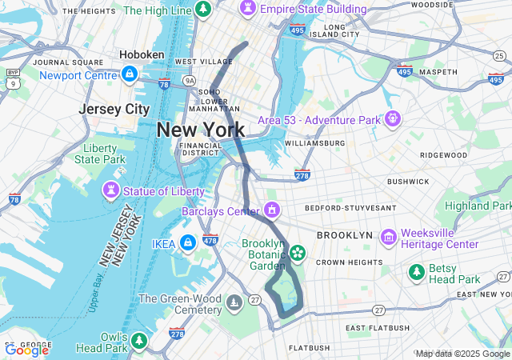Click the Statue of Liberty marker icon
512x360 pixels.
tap(110, 191)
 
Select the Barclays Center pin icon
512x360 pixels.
tap(272, 210)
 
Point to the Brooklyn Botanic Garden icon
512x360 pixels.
tap(298, 254)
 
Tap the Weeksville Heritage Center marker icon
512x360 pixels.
tap(389, 237)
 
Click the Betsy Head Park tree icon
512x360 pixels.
tap(417, 273)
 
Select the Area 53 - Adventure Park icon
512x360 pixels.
tap(392, 119)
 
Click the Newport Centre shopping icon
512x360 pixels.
tap(129, 74)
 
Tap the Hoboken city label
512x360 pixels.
tap(142, 54)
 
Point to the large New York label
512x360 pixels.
tap(201, 130)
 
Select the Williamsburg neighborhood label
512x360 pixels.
tap(314, 143)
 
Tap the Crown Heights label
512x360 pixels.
tap(348, 262)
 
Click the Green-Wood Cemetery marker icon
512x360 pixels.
tap(234, 302)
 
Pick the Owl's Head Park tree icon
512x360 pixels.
tap(139, 341)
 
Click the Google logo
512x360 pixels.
tap(26, 350)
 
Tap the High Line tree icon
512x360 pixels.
tap(203, 10)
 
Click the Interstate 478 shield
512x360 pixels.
tap(210, 239)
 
